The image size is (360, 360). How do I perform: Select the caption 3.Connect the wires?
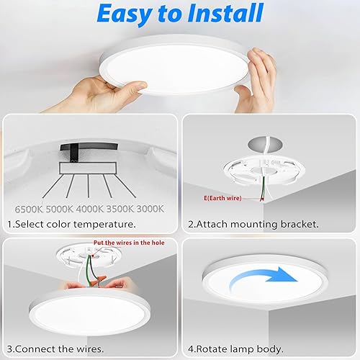pos(54,348)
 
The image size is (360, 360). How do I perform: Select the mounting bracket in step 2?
pos(263,175)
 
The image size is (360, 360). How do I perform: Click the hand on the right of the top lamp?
pos(259,76)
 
